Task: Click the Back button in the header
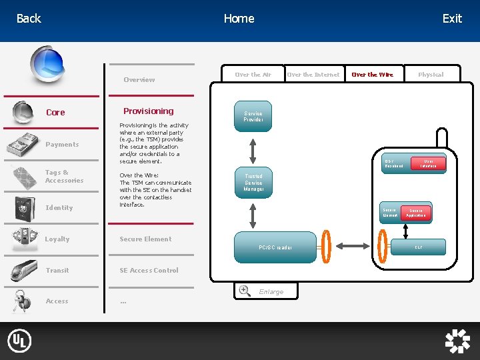(29, 19)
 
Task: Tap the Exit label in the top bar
(452, 19)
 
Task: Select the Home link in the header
(239, 19)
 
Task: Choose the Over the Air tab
(253, 75)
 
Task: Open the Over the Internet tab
(313, 75)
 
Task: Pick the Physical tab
(431, 75)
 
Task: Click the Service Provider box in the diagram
(253, 117)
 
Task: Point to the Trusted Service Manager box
(253, 183)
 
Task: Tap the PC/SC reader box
(275, 247)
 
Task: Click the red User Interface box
(429, 163)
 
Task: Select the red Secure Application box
(417, 213)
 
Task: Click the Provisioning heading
(148, 111)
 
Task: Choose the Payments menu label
(62, 145)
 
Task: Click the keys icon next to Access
(23, 301)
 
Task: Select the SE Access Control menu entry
(149, 271)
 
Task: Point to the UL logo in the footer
(19, 341)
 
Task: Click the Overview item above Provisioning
(139, 80)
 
